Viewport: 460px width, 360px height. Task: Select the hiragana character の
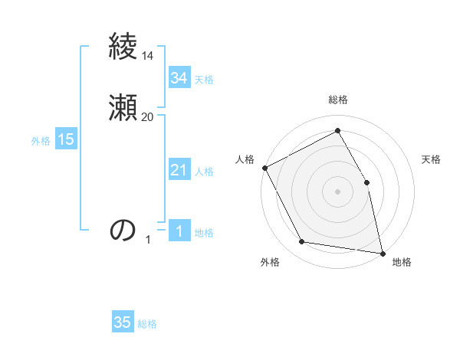tap(123, 230)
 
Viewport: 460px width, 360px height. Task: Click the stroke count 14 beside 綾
tap(148, 56)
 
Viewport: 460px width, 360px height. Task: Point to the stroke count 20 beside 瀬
tap(148, 116)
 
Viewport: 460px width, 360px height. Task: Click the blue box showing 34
tap(179, 78)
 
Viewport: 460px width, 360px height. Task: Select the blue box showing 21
tap(179, 171)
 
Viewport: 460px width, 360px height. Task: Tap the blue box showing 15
tap(66, 139)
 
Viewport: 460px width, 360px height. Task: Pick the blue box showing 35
tap(123, 322)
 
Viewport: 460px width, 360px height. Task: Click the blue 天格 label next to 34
tap(204, 80)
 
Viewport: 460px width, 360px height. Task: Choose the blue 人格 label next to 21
tap(205, 172)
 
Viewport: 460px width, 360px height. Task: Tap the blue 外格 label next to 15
tap(41, 141)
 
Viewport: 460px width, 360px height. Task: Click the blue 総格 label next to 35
tap(147, 324)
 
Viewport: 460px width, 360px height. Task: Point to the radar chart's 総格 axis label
tap(338, 100)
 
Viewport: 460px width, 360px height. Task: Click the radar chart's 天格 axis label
tap(431, 159)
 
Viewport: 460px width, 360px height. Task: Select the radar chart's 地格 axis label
tap(402, 262)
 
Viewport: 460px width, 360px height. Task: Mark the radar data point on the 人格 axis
tap(264, 168)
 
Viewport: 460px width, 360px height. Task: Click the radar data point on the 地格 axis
tap(382, 252)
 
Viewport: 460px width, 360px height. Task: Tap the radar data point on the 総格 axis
tap(337, 131)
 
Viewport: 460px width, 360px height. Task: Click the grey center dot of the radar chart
tap(337, 191)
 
